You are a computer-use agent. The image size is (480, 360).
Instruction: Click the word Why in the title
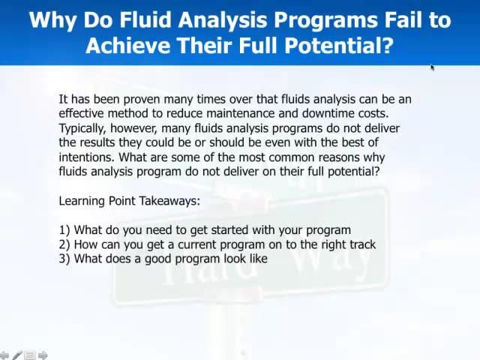click(x=52, y=19)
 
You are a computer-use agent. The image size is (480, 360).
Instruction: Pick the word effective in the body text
click(x=82, y=113)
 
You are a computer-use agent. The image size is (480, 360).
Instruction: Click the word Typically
click(x=84, y=128)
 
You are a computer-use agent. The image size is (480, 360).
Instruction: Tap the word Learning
click(x=82, y=201)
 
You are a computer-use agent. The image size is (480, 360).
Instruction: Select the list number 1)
click(x=64, y=230)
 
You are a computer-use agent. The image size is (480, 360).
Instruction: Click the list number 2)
click(x=64, y=244)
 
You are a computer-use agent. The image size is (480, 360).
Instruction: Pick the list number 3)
click(x=64, y=259)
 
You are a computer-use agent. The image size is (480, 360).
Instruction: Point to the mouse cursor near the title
click(x=433, y=67)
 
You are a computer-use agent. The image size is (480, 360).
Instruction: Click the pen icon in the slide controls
click(x=16, y=355)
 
